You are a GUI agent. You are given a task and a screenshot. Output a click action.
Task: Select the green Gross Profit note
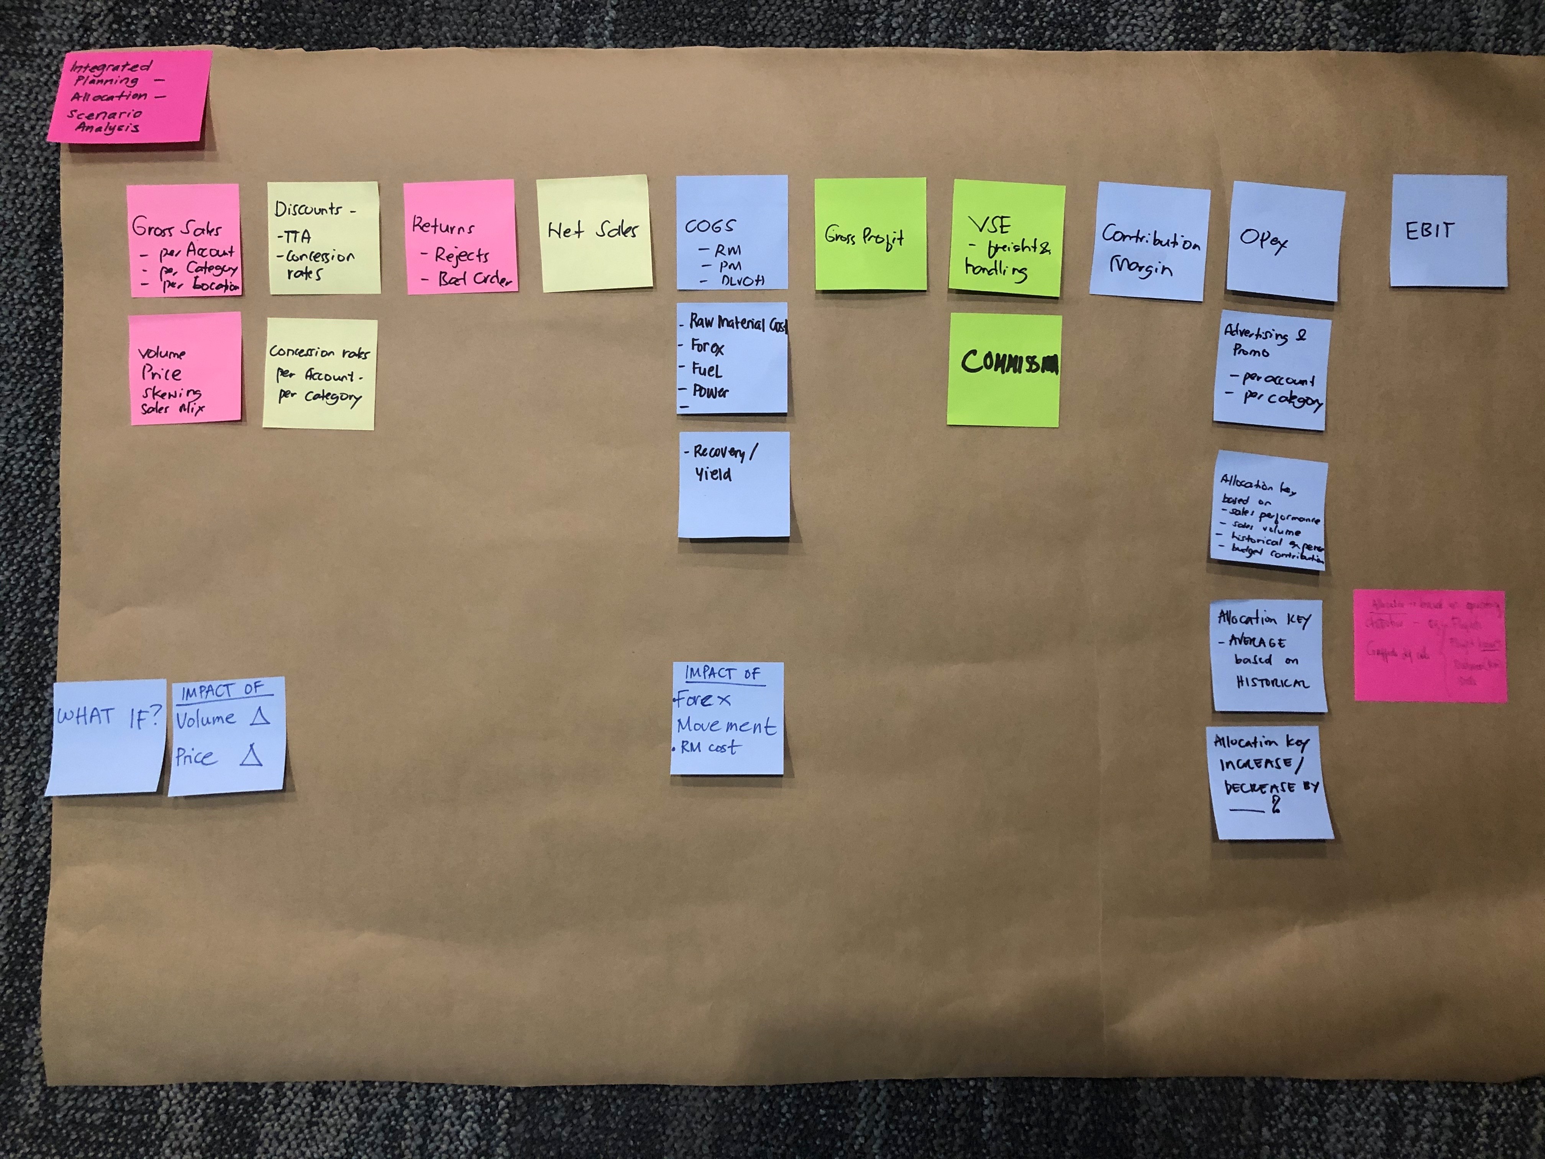pyautogui.click(x=870, y=235)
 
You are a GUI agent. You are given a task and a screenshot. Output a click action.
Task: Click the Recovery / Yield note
pyautogui.click(x=733, y=483)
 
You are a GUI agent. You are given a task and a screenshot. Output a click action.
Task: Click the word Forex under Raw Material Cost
pyautogui.click(x=707, y=346)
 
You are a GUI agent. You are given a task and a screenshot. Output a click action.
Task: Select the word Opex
pyautogui.click(x=1263, y=241)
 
